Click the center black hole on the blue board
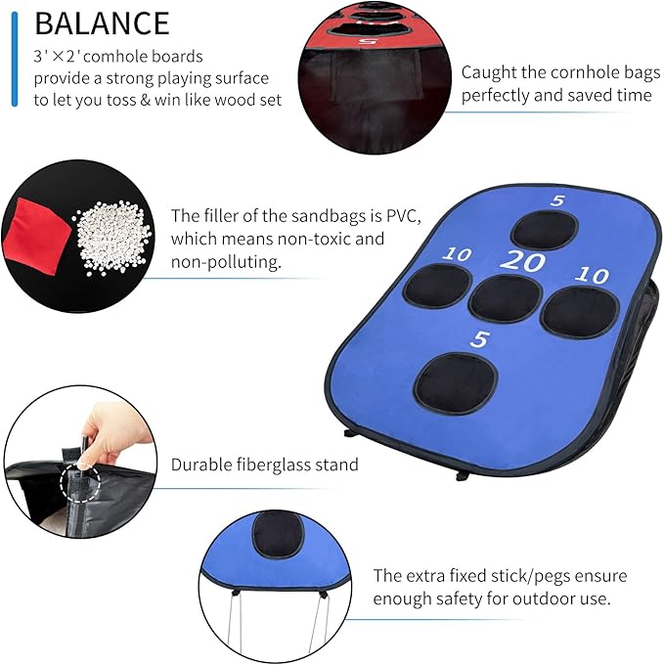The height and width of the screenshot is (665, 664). click(506, 298)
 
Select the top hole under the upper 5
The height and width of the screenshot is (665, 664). click(544, 229)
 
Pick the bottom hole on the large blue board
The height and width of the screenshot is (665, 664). click(456, 382)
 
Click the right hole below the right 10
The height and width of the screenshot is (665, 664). click(580, 312)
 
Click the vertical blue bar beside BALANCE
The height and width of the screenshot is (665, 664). click(14, 54)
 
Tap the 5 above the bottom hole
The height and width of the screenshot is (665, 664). click(479, 339)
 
